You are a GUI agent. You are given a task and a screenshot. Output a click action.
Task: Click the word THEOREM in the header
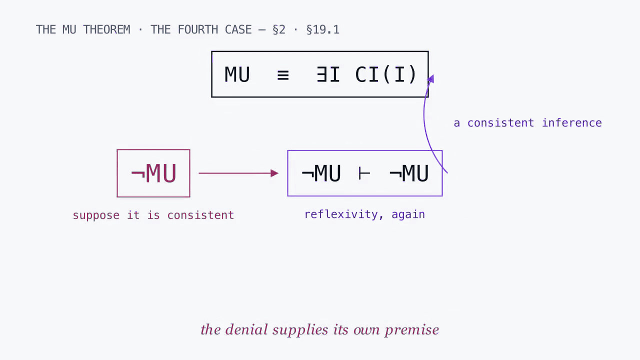coord(106,29)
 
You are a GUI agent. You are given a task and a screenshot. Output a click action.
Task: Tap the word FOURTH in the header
coord(197,29)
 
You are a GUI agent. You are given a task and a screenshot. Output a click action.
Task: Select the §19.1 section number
coord(323,29)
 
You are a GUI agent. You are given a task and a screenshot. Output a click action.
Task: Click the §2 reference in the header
coord(279,29)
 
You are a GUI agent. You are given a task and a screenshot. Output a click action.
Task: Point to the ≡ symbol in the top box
coord(283,75)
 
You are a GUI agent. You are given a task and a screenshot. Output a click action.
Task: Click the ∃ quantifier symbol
coord(321,74)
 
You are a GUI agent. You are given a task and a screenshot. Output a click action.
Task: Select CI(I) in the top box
coord(385,74)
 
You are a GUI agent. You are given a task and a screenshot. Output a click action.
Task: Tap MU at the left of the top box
coord(237,74)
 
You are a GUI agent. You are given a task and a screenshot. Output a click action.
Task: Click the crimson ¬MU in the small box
coord(153,173)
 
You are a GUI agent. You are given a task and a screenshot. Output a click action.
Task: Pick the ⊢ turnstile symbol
coord(364,173)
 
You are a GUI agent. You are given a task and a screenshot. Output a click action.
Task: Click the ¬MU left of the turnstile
coord(321,173)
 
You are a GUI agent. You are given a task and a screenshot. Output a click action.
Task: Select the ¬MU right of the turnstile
coord(409,173)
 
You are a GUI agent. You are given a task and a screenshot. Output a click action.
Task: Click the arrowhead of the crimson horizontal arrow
coord(274,173)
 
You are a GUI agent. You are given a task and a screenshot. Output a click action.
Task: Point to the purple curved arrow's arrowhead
coord(431,78)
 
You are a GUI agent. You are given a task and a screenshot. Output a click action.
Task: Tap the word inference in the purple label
coord(572,123)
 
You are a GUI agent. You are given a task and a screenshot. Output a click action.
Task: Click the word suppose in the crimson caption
coord(96,215)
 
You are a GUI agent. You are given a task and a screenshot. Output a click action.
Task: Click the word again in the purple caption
coord(408,215)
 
